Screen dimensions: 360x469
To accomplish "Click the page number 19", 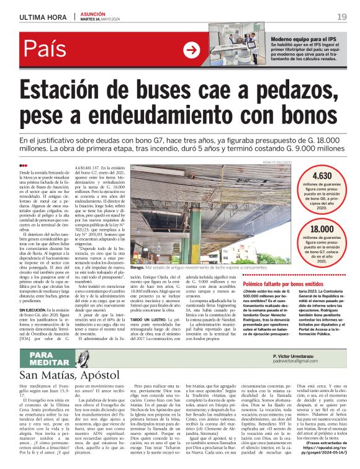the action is tap(342, 16).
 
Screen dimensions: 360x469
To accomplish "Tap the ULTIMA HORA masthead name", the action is tap(42, 16).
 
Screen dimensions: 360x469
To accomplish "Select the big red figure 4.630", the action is tap(322, 176).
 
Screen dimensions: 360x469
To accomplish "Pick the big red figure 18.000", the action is tap(322, 229).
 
